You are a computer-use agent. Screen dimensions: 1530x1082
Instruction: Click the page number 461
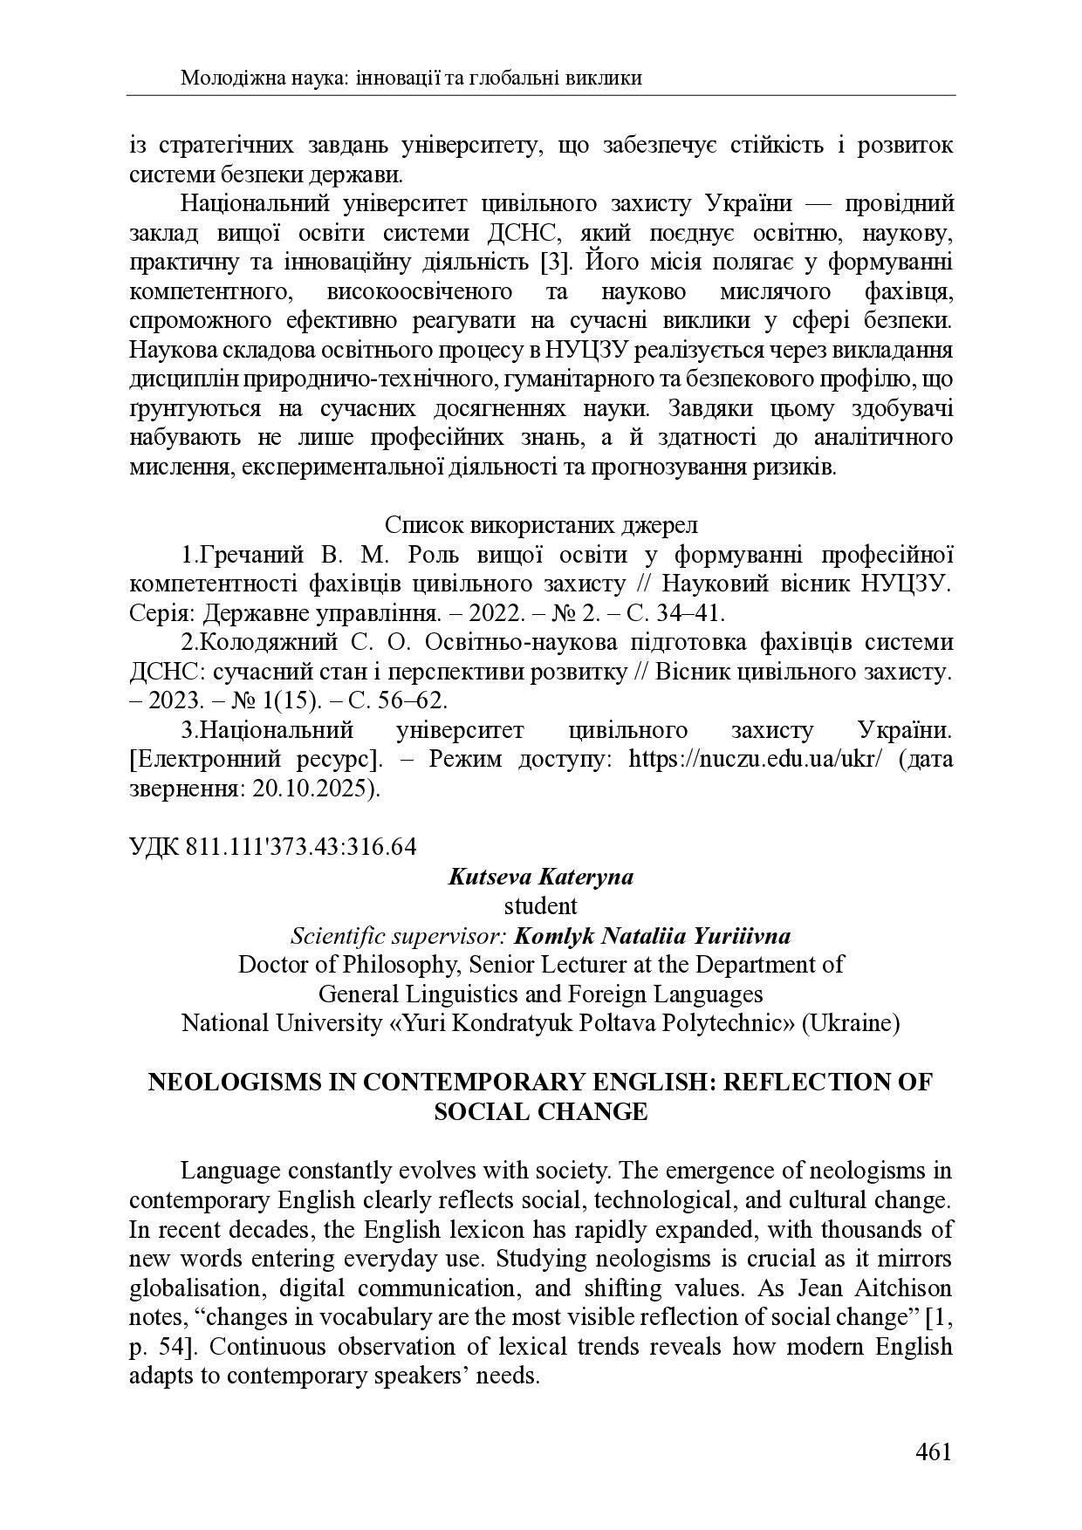tap(933, 1452)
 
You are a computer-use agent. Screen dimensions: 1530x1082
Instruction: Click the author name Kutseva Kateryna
tap(540, 877)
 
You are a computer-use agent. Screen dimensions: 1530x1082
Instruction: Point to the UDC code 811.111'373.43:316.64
tap(301, 847)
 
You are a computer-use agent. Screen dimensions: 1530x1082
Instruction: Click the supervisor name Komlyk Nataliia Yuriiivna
tap(653, 936)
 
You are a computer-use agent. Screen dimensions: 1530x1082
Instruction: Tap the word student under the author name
tap(540, 906)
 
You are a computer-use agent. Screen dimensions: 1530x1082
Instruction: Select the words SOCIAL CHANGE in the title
tap(540, 1111)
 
